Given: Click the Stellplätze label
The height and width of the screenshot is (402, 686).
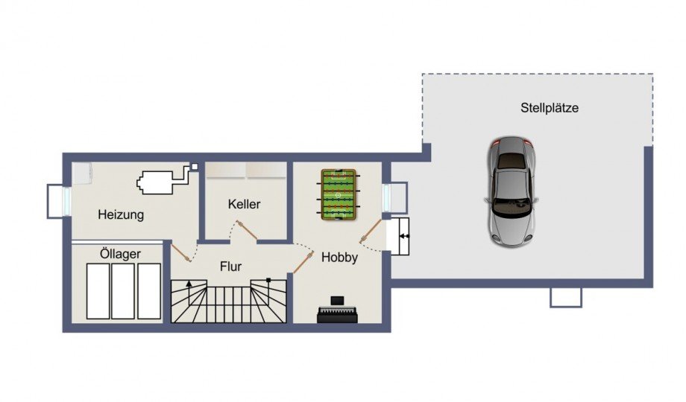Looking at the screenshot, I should tap(550, 108).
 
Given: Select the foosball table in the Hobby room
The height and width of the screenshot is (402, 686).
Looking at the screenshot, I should tap(339, 194).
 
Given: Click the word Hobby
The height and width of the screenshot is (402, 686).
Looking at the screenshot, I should tap(339, 258).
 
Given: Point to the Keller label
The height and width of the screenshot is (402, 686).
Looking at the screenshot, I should tap(244, 204).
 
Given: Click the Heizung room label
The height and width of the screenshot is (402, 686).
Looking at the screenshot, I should tap(121, 214).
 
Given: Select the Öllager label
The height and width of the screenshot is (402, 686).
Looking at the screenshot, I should tap(120, 254).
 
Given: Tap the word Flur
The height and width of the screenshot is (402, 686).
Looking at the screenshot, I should tap(230, 266).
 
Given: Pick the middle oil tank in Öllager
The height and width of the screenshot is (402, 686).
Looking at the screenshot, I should tap(124, 290).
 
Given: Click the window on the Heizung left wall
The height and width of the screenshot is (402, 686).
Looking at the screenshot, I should tap(57, 200).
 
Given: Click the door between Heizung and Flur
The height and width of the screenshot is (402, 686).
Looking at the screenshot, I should tap(182, 252).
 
